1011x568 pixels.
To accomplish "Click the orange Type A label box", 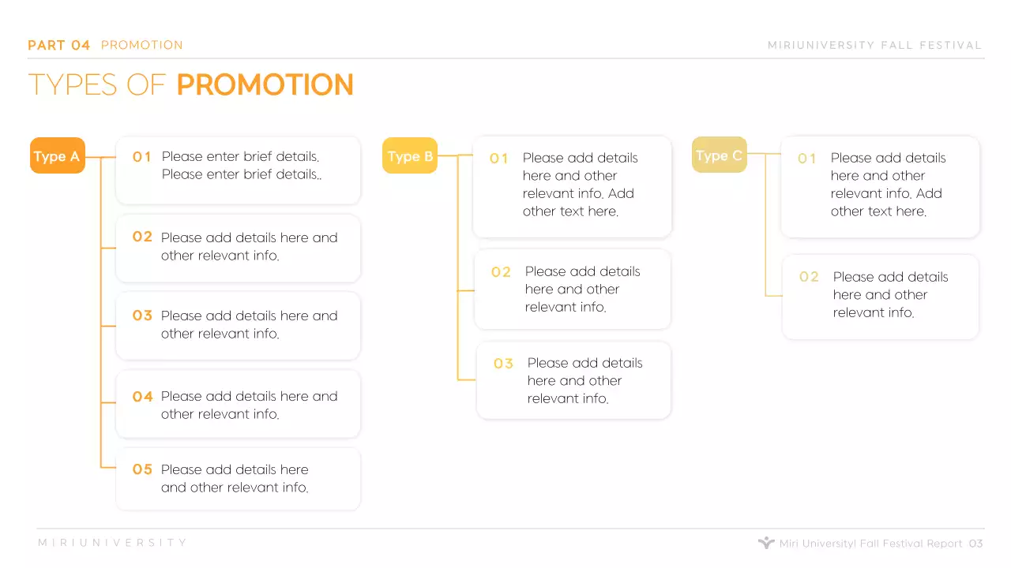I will tap(57, 155).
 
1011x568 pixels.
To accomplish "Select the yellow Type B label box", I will tap(410, 155).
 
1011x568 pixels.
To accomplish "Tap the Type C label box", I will tap(719, 155).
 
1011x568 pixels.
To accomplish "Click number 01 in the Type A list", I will tap(142, 157).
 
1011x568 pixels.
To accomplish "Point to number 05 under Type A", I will tap(142, 469).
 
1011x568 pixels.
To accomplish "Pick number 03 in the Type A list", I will tap(142, 316).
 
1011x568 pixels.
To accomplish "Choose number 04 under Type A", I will tap(142, 396).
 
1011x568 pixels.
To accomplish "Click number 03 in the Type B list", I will tap(503, 364).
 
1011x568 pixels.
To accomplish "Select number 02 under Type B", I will tap(501, 272).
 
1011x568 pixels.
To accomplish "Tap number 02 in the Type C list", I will tap(809, 277).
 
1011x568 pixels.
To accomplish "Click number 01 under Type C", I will tap(806, 159).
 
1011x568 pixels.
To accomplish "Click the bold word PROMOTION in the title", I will tap(265, 85).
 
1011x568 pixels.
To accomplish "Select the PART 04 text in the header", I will tap(59, 45).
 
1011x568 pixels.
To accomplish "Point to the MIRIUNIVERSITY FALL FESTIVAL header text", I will tap(874, 45).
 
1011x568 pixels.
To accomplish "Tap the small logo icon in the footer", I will tap(765, 543).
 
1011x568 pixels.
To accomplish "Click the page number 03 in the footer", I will tap(975, 544).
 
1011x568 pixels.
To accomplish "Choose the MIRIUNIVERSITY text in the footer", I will tap(113, 543).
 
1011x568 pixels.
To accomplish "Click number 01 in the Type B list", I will tap(499, 159).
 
